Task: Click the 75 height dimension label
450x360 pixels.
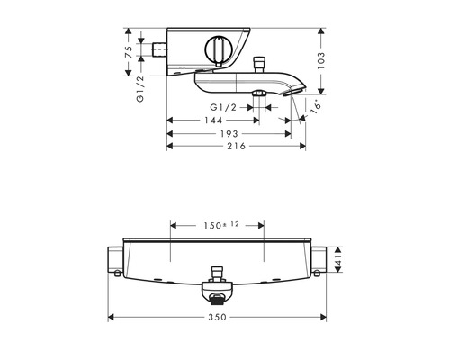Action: tap(129, 52)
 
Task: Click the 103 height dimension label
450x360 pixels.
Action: tap(321, 61)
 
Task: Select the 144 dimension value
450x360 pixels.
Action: tap(213, 121)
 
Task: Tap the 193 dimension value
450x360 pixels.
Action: tap(229, 133)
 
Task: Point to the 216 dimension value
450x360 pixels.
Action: tap(236, 146)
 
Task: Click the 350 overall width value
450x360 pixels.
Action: tap(218, 317)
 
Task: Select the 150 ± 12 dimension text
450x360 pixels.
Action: tap(221, 225)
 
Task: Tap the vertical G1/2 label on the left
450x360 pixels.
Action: tap(140, 89)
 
